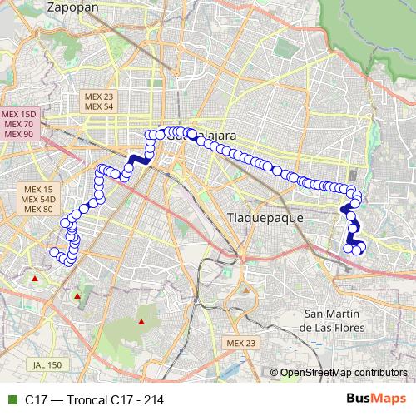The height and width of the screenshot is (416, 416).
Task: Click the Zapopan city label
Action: tap(73, 7)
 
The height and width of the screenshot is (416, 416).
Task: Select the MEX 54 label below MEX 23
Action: tap(98, 106)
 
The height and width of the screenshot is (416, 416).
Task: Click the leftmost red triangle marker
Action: tap(34, 278)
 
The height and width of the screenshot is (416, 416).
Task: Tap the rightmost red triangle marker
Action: tap(141, 321)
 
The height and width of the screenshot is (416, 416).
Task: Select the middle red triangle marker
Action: tap(77, 295)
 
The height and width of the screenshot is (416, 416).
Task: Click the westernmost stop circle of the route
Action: tap(54, 252)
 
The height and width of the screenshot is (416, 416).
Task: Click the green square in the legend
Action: tap(12, 399)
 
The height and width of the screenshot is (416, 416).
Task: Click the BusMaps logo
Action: tap(370, 399)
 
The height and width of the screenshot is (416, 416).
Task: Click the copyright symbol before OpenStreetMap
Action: tap(275, 373)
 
